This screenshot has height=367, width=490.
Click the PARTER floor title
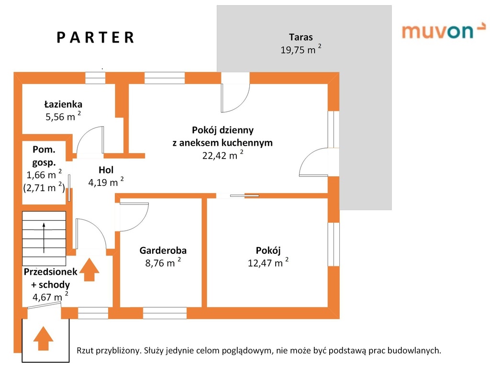click(x=96, y=38)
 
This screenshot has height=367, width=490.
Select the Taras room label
click(x=301, y=37)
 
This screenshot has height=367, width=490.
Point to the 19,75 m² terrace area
click(x=301, y=50)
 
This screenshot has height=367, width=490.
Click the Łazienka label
click(x=63, y=104)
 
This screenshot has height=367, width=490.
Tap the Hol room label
click(x=106, y=169)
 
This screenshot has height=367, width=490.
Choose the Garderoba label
click(x=163, y=250)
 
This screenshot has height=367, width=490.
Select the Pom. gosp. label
click(x=44, y=155)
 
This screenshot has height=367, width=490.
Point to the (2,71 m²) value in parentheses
click(x=44, y=187)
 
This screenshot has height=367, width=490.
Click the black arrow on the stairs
click(x=44, y=237)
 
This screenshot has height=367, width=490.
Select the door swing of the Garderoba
click(x=132, y=216)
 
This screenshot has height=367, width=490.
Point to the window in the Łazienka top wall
click(x=95, y=78)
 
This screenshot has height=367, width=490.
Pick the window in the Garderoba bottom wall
click(x=165, y=313)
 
